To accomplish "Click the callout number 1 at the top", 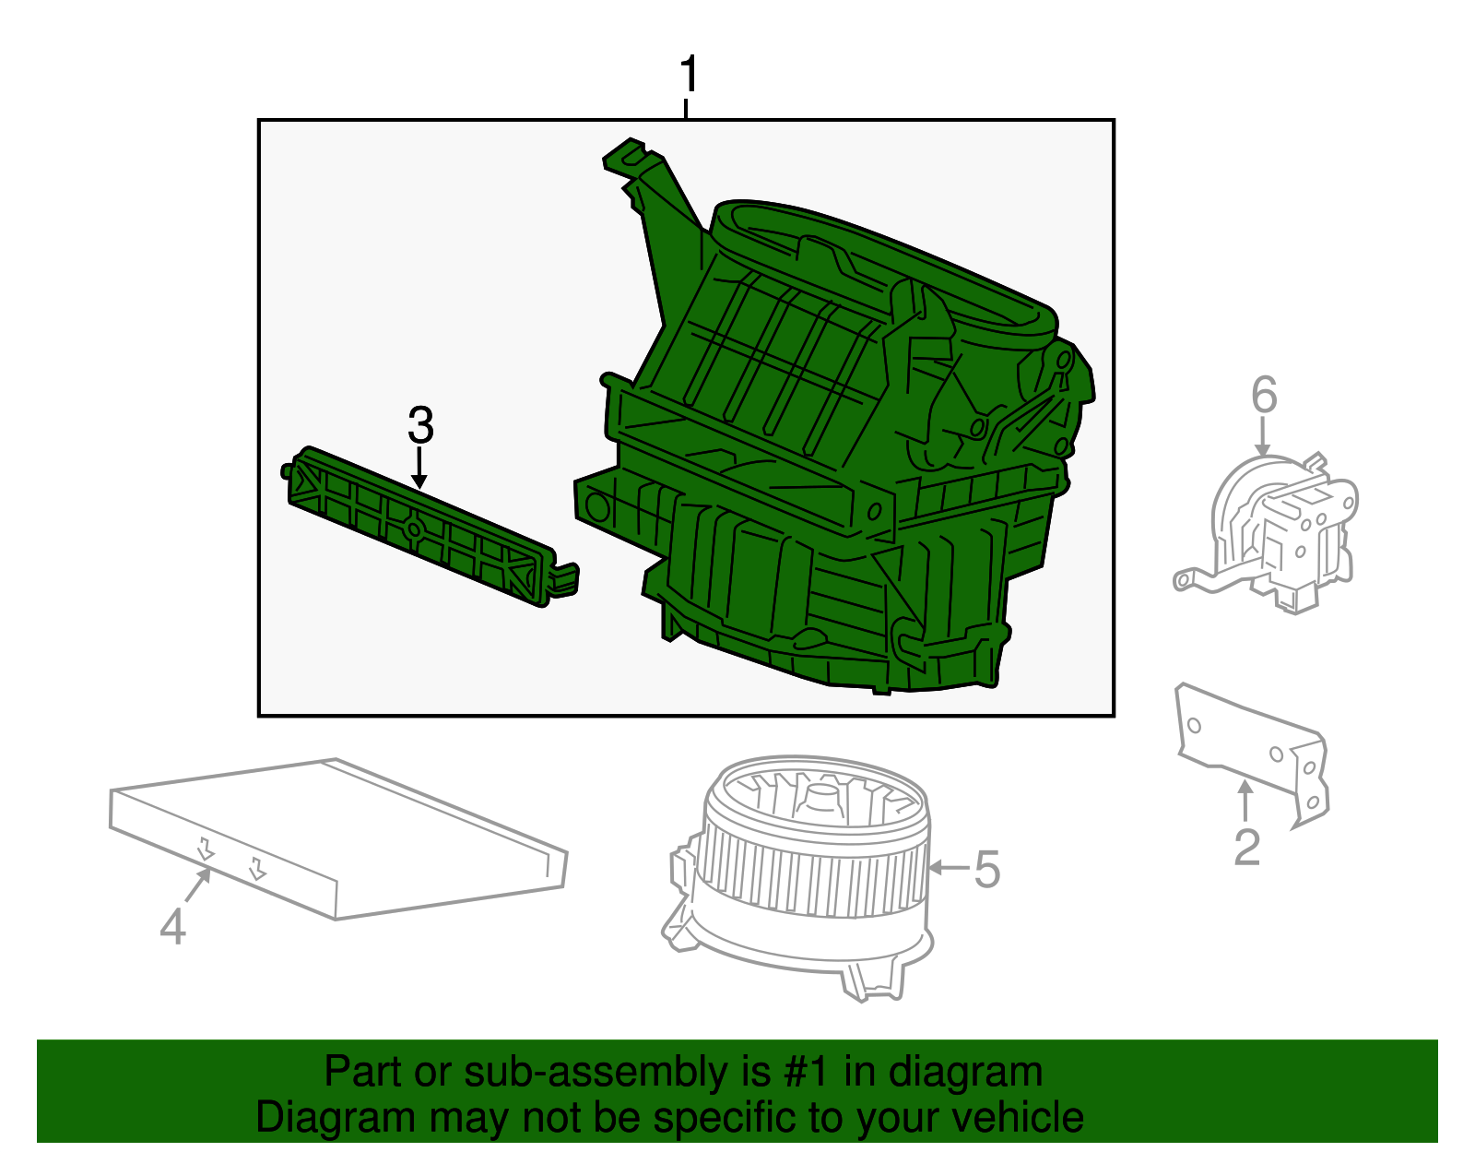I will (x=689, y=76).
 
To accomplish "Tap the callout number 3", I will (x=420, y=426).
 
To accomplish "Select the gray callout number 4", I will (x=172, y=926).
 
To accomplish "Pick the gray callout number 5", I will (x=987, y=870).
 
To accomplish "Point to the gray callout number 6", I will (x=1264, y=395).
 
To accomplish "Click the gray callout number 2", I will (x=1246, y=848).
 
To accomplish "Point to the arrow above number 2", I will (x=1245, y=799).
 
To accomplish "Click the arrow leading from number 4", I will (x=197, y=887).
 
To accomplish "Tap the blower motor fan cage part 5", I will (x=811, y=867).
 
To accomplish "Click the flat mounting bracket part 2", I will (x=1254, y=747).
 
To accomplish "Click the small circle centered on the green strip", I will (x=414, y=530).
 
